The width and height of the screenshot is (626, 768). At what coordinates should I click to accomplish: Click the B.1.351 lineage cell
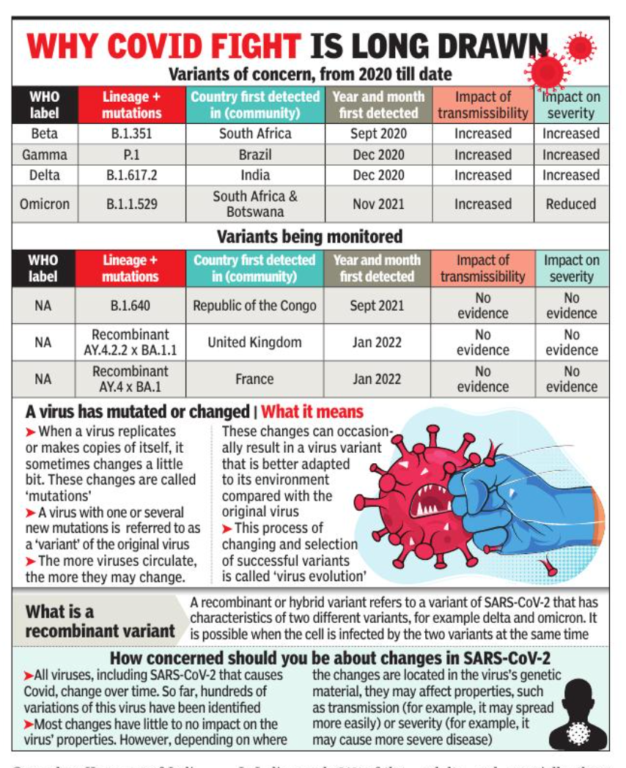[x=131, y=134]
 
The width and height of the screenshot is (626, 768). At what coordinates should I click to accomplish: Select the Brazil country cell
[x=255, y=155]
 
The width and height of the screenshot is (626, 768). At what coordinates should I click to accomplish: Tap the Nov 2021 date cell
[x=378, y=204]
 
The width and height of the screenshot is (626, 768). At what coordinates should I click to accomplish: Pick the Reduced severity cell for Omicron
[x=570, y=204]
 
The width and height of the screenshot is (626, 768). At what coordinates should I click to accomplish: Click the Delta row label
[x=44, y=175]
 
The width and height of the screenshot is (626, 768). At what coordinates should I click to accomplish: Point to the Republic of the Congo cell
[x=254, y=306]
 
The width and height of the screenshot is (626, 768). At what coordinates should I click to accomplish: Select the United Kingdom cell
[x=254, y=342]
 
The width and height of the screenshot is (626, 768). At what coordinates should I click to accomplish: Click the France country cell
[x=254, y=379]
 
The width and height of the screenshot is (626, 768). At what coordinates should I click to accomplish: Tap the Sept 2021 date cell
[x=378, y=306]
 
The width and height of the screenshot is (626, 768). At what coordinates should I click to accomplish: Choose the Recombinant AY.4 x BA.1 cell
[x=130, y=379]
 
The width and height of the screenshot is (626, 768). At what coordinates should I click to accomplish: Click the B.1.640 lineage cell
[x=130, y=306]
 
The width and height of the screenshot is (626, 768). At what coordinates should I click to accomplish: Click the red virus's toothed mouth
[x=427, y=501]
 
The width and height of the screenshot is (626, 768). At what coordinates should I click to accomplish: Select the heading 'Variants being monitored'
[x=309, y=237]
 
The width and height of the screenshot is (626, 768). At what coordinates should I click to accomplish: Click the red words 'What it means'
[x=312, y=412]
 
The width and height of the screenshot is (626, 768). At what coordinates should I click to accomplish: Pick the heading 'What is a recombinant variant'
[x=99, y=621]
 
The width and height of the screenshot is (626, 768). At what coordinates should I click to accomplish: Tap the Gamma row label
[x=44, y=155]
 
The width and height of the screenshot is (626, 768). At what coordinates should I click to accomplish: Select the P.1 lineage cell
[x=131, y=155]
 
